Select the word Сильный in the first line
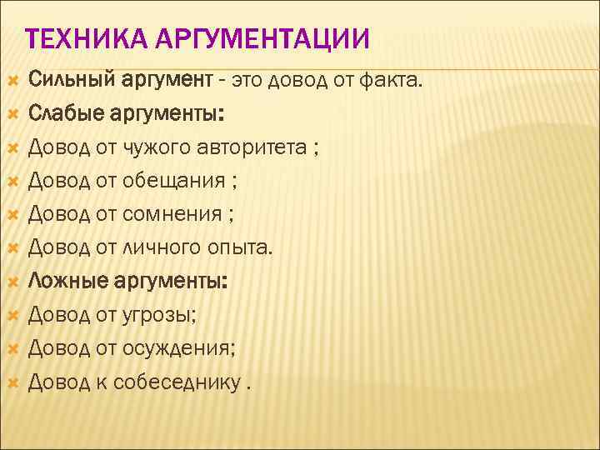[x=72, y=80]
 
